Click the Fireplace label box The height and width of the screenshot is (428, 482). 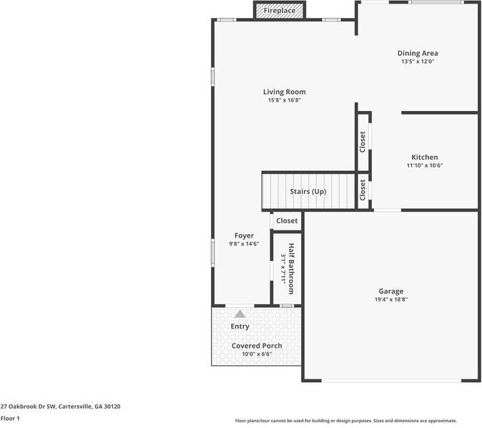coord(280,11)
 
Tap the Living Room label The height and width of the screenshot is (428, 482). coord(284,92)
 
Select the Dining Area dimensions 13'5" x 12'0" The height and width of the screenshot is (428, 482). coord(418,62)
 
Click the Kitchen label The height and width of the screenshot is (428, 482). coord(424,157)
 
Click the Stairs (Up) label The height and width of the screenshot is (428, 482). coord(308,192)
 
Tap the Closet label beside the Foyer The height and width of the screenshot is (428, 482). coord(287,221)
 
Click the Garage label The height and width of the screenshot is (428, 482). coord(390,291)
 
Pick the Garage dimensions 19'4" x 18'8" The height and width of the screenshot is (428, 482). coord(390,300)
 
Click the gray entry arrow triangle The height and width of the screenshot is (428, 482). coord(240,313)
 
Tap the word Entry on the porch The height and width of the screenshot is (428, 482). coord(240,327)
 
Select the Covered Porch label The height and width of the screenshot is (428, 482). coord(256,346)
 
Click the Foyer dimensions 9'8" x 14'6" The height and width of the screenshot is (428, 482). coord(244,244)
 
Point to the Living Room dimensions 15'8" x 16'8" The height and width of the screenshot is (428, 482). coord(284,100)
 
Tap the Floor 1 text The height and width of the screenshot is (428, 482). coord(10,418)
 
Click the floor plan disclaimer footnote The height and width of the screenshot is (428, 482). coord(345,421)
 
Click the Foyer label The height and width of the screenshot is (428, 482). coord(244,235)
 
